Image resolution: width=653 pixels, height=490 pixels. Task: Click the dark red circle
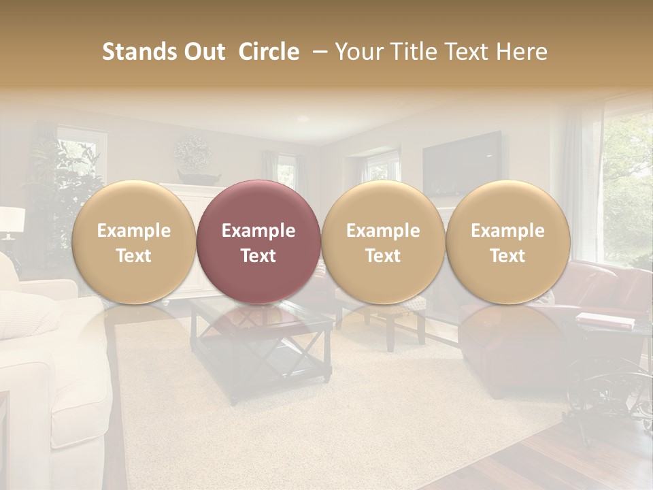[x=258, y=242]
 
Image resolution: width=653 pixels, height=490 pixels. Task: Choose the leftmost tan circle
[x=133, y=242]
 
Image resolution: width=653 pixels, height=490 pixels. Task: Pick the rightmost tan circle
[x=507, y=242]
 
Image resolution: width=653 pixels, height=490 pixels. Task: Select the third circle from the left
[x=383, y=242]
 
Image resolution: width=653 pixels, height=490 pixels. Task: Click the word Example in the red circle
[x=258, y=231]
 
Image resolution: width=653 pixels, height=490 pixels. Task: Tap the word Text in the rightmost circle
[x=507, y=256]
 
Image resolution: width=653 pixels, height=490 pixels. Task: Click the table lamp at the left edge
[x=11, y=222]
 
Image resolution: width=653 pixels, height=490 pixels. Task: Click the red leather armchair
[x=599, y=299]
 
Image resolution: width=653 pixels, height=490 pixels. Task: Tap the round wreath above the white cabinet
[x=192, y=151]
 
